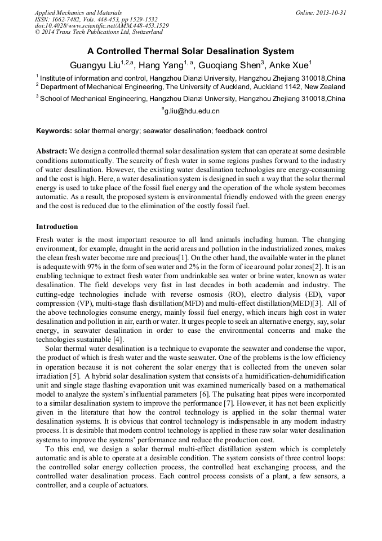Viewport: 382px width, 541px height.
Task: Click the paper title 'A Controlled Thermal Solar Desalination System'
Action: pos(190,51)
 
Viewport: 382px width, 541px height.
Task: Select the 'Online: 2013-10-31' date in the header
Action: pos(321,12)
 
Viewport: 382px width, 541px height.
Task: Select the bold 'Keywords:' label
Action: pos(54,131)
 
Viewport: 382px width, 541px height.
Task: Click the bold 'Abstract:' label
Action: pos(52,152)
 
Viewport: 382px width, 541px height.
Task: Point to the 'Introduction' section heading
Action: pos(57,227)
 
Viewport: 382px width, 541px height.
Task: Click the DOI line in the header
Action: pos(101,26)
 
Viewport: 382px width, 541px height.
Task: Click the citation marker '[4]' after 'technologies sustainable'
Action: pos(118,339)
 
